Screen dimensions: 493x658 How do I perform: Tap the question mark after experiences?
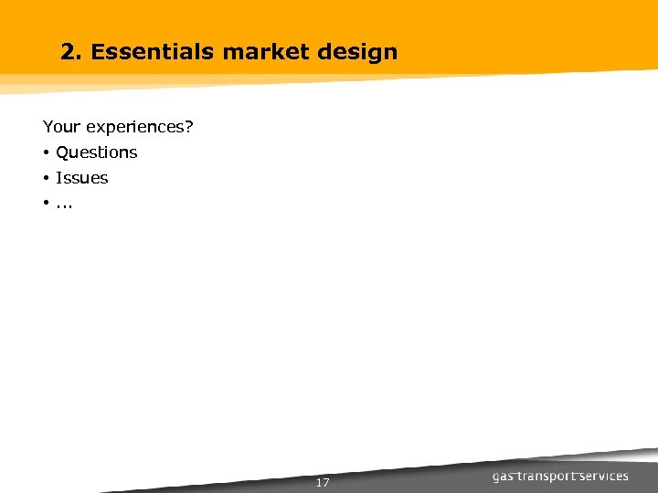coord(189,127)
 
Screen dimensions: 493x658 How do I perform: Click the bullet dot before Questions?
coord(46,152)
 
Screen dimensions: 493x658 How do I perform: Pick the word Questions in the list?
coord(96,152)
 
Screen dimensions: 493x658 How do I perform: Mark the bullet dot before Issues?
coord(46,178)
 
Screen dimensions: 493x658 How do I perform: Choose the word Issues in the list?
coord(81,178)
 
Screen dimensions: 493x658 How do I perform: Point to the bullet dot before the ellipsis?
coord(46,204)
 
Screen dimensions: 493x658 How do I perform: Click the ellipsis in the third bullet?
coord(65,206)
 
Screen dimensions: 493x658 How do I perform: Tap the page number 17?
coord(322,482)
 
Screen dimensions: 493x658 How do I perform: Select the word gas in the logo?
coord(504,477)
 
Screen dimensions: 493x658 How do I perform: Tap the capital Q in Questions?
coord(62,152)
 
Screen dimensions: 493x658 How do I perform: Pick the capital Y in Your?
coord(48,127)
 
